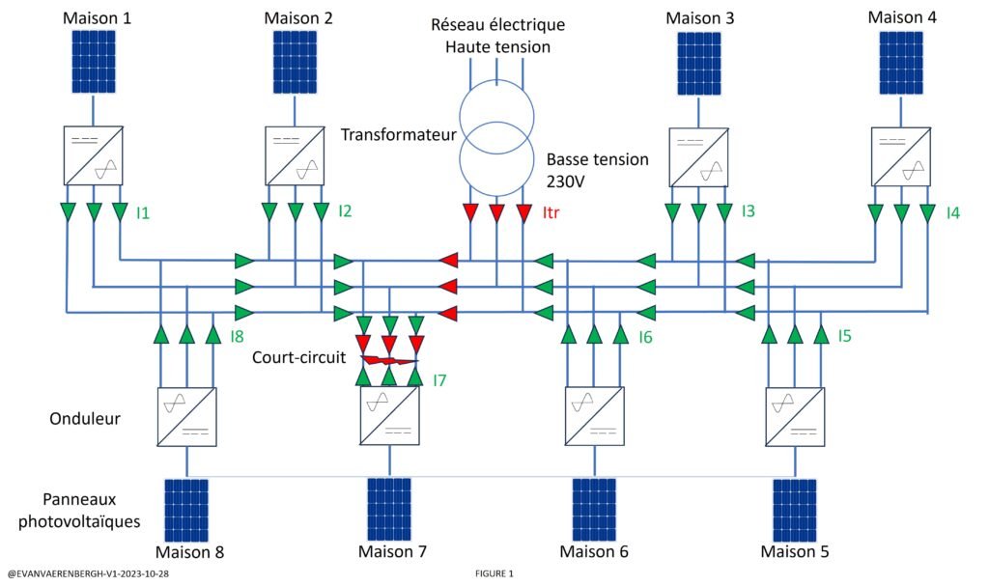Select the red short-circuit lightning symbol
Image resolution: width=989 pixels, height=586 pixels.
(389, 361)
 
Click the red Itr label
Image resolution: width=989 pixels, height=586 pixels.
(553, 211)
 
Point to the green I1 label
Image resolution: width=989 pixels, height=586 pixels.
(143, 211)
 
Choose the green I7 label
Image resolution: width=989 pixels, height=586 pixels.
(440, 379)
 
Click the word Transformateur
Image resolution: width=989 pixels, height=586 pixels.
(398, 135)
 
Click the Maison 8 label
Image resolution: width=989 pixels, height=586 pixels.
(191, 552)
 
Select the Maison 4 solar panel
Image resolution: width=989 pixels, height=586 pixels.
(901, 63)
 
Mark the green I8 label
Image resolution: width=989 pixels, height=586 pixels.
(239, 336)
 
